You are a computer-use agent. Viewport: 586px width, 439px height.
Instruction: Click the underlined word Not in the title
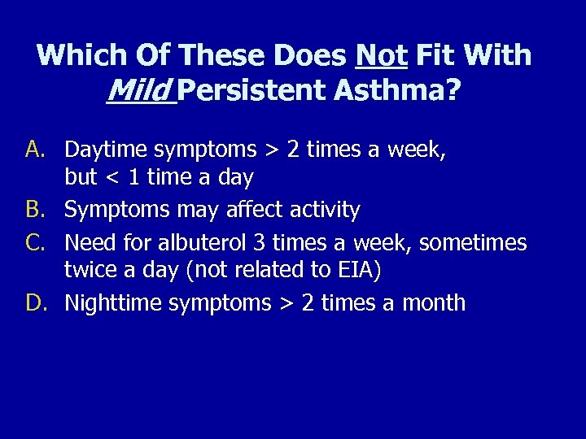(x=382, y=55)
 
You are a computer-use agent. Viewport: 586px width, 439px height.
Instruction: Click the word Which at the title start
(x=80, y=55)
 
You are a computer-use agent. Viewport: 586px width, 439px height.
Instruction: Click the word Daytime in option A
(x=105, y=150)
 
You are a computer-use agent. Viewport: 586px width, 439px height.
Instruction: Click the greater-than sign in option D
(x=286, y=304)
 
